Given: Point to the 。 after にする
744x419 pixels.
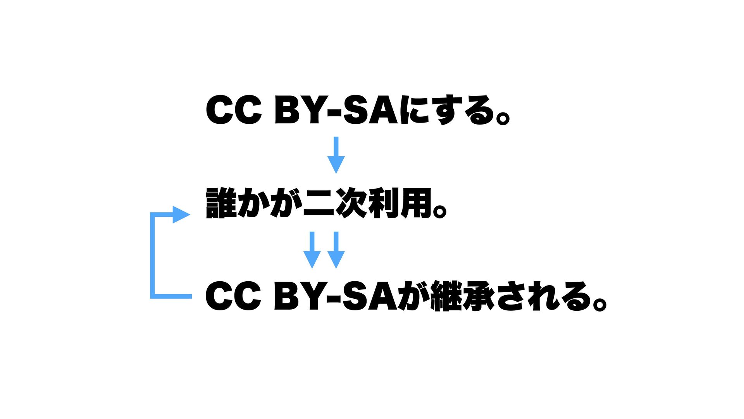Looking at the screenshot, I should [x=503, y=117].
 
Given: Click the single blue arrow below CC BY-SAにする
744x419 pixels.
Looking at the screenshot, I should [x=336, y=155].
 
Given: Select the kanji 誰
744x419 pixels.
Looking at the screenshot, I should [x=221, y=203].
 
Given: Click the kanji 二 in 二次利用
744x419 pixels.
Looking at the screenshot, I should [x=319, y=203].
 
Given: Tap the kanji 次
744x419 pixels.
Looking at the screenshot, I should [x=351, y=203].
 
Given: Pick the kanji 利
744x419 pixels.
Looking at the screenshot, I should [x=384, y=203].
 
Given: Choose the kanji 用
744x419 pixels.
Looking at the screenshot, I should [x=416, y=203].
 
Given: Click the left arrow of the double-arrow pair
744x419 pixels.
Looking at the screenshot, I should [x=312, y=250].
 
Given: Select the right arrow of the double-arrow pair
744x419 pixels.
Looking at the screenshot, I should [x=336, y=250].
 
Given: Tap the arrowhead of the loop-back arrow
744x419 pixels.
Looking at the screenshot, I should [x=181, y=215].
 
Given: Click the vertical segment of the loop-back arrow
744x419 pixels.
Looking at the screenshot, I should [x=153, y=256].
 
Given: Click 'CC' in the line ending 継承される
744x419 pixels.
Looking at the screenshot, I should [x=234, y=296].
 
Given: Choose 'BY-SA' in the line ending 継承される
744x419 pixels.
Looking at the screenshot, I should [x=336, y=296].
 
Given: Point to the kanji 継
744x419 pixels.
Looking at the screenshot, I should [x=446, y=296].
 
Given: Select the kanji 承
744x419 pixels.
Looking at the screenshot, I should [x=478, y=296].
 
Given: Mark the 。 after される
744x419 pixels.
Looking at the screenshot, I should [x=599, y=303].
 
